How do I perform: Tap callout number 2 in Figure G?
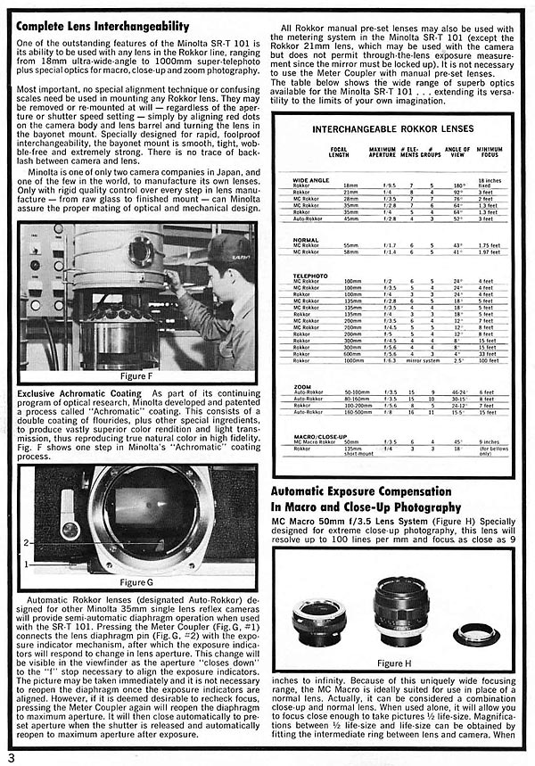(26, 542)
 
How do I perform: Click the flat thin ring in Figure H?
(477, 634)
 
